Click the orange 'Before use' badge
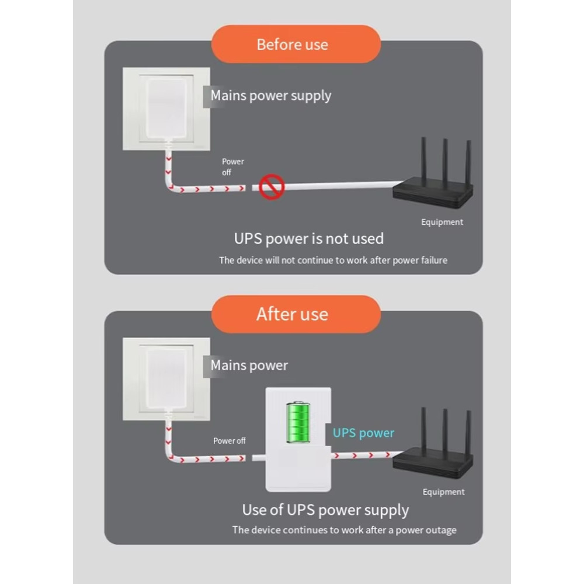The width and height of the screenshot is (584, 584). tap(296, 44)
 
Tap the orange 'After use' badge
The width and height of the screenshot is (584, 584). tap(296, 314)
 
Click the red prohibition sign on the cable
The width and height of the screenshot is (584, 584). tap(272, 187)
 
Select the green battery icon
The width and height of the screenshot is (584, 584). tap(298, 422)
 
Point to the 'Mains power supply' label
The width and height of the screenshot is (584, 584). tap(271, 96)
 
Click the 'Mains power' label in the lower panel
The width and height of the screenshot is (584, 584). tap(249, 366)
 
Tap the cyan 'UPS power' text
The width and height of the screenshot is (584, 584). tap(363, 433)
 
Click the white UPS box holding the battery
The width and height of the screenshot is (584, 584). tap(298, 440)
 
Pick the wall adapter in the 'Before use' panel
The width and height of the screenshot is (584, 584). tap(166, 108)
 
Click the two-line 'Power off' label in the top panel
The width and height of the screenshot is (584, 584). tap(233, 167)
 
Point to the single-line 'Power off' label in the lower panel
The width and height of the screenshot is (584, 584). tap(229, 440)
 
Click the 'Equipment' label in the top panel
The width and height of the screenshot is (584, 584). tap(442, 223)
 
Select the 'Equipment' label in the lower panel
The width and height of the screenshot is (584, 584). tap(444, 492)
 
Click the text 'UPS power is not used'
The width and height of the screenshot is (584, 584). tap(309, 239)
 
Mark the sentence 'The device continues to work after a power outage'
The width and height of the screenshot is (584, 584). tap(344, 530)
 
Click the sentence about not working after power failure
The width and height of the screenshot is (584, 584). tap(333, 260)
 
